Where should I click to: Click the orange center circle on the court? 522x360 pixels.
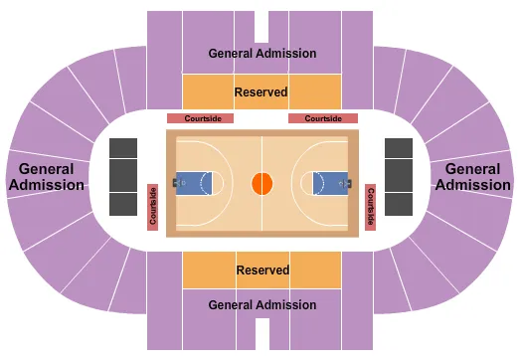click(x=261, y=183)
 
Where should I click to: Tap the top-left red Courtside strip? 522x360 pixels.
click(x=200, y=118)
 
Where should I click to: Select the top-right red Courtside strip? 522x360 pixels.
click(x=322, y=118)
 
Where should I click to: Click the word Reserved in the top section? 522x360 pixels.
click(x=261, y=91)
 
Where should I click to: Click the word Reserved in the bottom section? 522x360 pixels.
click(x=262, y=270)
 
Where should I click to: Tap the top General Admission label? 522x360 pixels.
click(x=262, y=53)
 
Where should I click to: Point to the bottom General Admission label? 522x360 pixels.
click(x=262, y=305)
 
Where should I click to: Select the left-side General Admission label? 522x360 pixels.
click(x=46, y=177)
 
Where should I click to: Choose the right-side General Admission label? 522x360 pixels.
click(x=477, y=177)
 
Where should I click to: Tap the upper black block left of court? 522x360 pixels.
click(x=123, y=148)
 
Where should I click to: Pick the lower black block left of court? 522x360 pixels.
click(x=123, y=203)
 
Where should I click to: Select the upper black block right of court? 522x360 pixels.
click(x=399, y=148)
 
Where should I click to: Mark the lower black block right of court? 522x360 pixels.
click(x=399, y=203)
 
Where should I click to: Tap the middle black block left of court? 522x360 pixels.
click(x=123, y=175)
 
